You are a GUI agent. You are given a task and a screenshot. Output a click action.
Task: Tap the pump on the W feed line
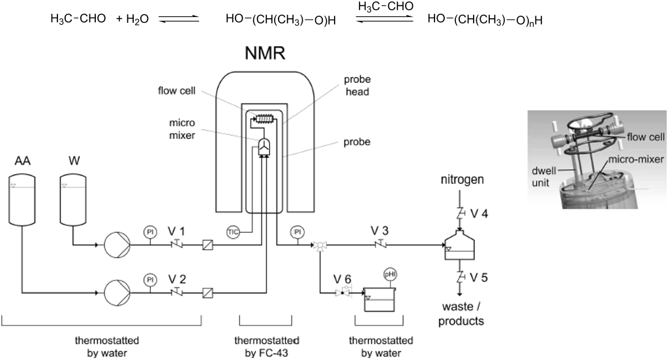pyautogui.click(x=117, y=246)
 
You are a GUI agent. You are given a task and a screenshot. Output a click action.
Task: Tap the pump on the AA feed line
pyautogui.click(x=117, y=292)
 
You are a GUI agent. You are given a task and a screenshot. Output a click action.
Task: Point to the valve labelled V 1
pyautogui.click(x=177, y=246)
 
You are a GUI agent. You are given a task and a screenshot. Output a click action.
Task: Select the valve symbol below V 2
pyautogui.click(x=177, y=292)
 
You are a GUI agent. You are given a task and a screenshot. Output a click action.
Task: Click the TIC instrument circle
pyautogui.click(x=234, y=232)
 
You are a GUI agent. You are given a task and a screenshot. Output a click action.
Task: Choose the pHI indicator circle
pyautogui.click(x=390, y=274)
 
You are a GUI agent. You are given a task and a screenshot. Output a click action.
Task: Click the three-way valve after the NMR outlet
pyautogui.click(x=320, y=247)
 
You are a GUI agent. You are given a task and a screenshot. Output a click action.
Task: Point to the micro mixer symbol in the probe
pyautogui.click(x=264, y=148)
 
